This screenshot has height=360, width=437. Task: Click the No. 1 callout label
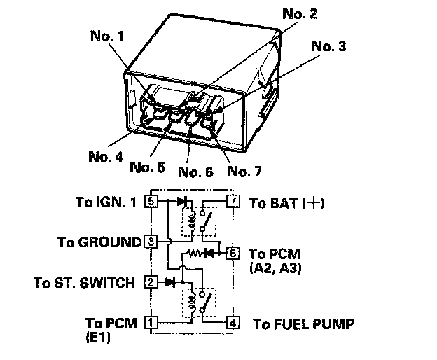[x=107, y=36]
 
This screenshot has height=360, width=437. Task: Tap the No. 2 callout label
[x=300, y=13]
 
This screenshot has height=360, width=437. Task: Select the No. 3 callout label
[x=328, y=46]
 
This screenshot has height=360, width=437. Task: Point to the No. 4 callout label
[x=106, y=157]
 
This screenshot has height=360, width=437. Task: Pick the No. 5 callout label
[x=148, y=167]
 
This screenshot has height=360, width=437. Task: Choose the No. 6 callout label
[x=195, y=172]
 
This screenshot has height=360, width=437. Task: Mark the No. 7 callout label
[x=244, y=171]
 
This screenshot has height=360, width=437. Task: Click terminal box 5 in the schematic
[x=151, y=200]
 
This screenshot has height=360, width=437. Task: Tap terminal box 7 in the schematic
[x=233, y=200]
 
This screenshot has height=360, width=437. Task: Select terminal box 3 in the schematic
[x=151, y=242]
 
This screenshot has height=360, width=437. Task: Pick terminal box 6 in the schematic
[x=233, y=253]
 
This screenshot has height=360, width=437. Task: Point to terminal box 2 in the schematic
[x=151, y=282]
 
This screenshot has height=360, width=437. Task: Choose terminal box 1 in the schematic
[x=151, y=323]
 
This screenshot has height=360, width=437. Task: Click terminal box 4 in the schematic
[x=233, y=323]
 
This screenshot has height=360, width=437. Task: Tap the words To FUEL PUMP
[x=303, y=324]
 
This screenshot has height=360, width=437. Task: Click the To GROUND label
[x=99, y=242]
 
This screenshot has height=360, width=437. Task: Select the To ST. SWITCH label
[x=84, y=282]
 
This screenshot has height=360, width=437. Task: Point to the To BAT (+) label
[x=287, y=202]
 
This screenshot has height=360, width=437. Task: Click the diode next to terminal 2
[x=170, y=282]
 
